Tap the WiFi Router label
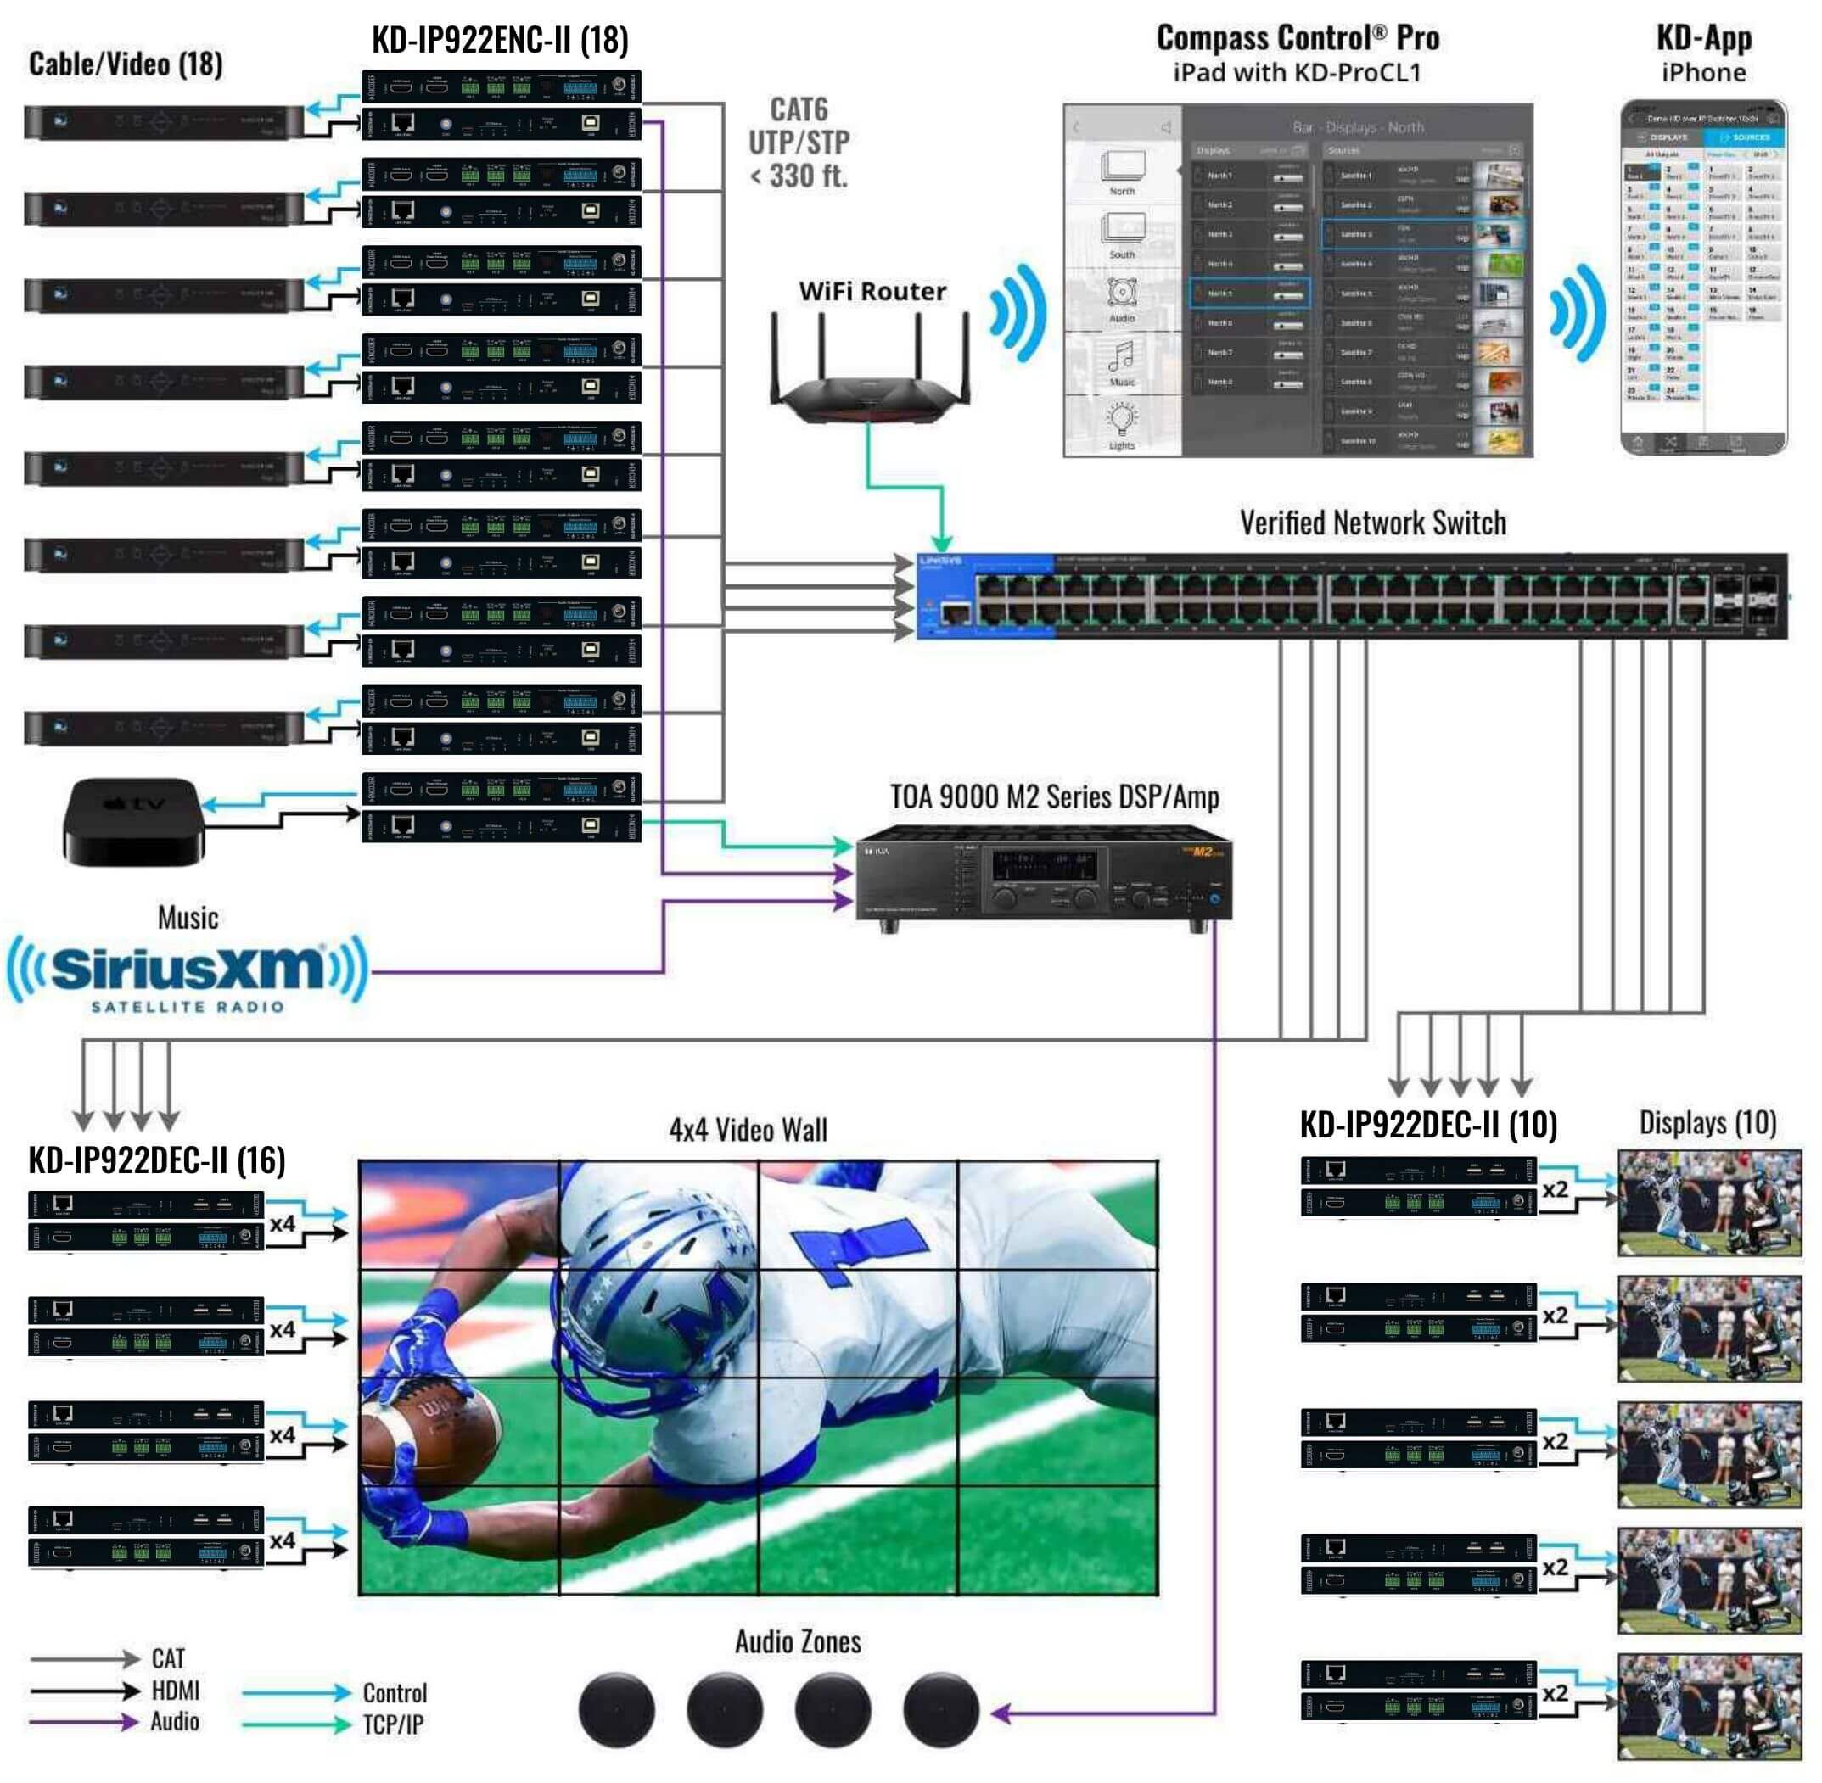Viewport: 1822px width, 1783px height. click(x=872, y=291)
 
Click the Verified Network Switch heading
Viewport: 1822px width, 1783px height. click(x=1372, y=523)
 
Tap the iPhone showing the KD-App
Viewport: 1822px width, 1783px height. click(x=1702, y=278)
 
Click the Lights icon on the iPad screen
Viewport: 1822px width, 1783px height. click(x=1121, y=424)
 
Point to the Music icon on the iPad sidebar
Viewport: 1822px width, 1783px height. click(x=1121, y=361)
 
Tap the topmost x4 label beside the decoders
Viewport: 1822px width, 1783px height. click(x=282, y=1224)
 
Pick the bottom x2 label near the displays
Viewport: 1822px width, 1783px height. click(x=1554, y=1693)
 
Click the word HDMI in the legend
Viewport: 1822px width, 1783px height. click(x=175, y=1691)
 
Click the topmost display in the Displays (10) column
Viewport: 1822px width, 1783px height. click(x=1708, y=1203)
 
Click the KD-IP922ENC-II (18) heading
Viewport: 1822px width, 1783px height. click(x=499, y=40)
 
